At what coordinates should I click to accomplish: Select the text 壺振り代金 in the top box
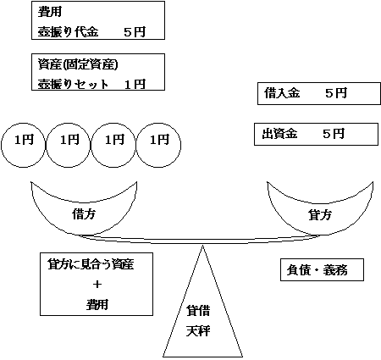(69, 32)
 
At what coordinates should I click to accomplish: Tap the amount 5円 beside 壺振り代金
(134, 32)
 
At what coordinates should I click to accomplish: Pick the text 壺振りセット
(72, 84)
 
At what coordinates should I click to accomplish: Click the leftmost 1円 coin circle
(24, 138)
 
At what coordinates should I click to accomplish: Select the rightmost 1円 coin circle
(159, 138)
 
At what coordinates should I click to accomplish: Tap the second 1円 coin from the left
(69, 138)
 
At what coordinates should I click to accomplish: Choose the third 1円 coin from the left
(114, 138)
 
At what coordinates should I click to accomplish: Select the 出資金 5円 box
(303, 134)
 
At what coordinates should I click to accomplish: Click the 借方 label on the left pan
(85, 214)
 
